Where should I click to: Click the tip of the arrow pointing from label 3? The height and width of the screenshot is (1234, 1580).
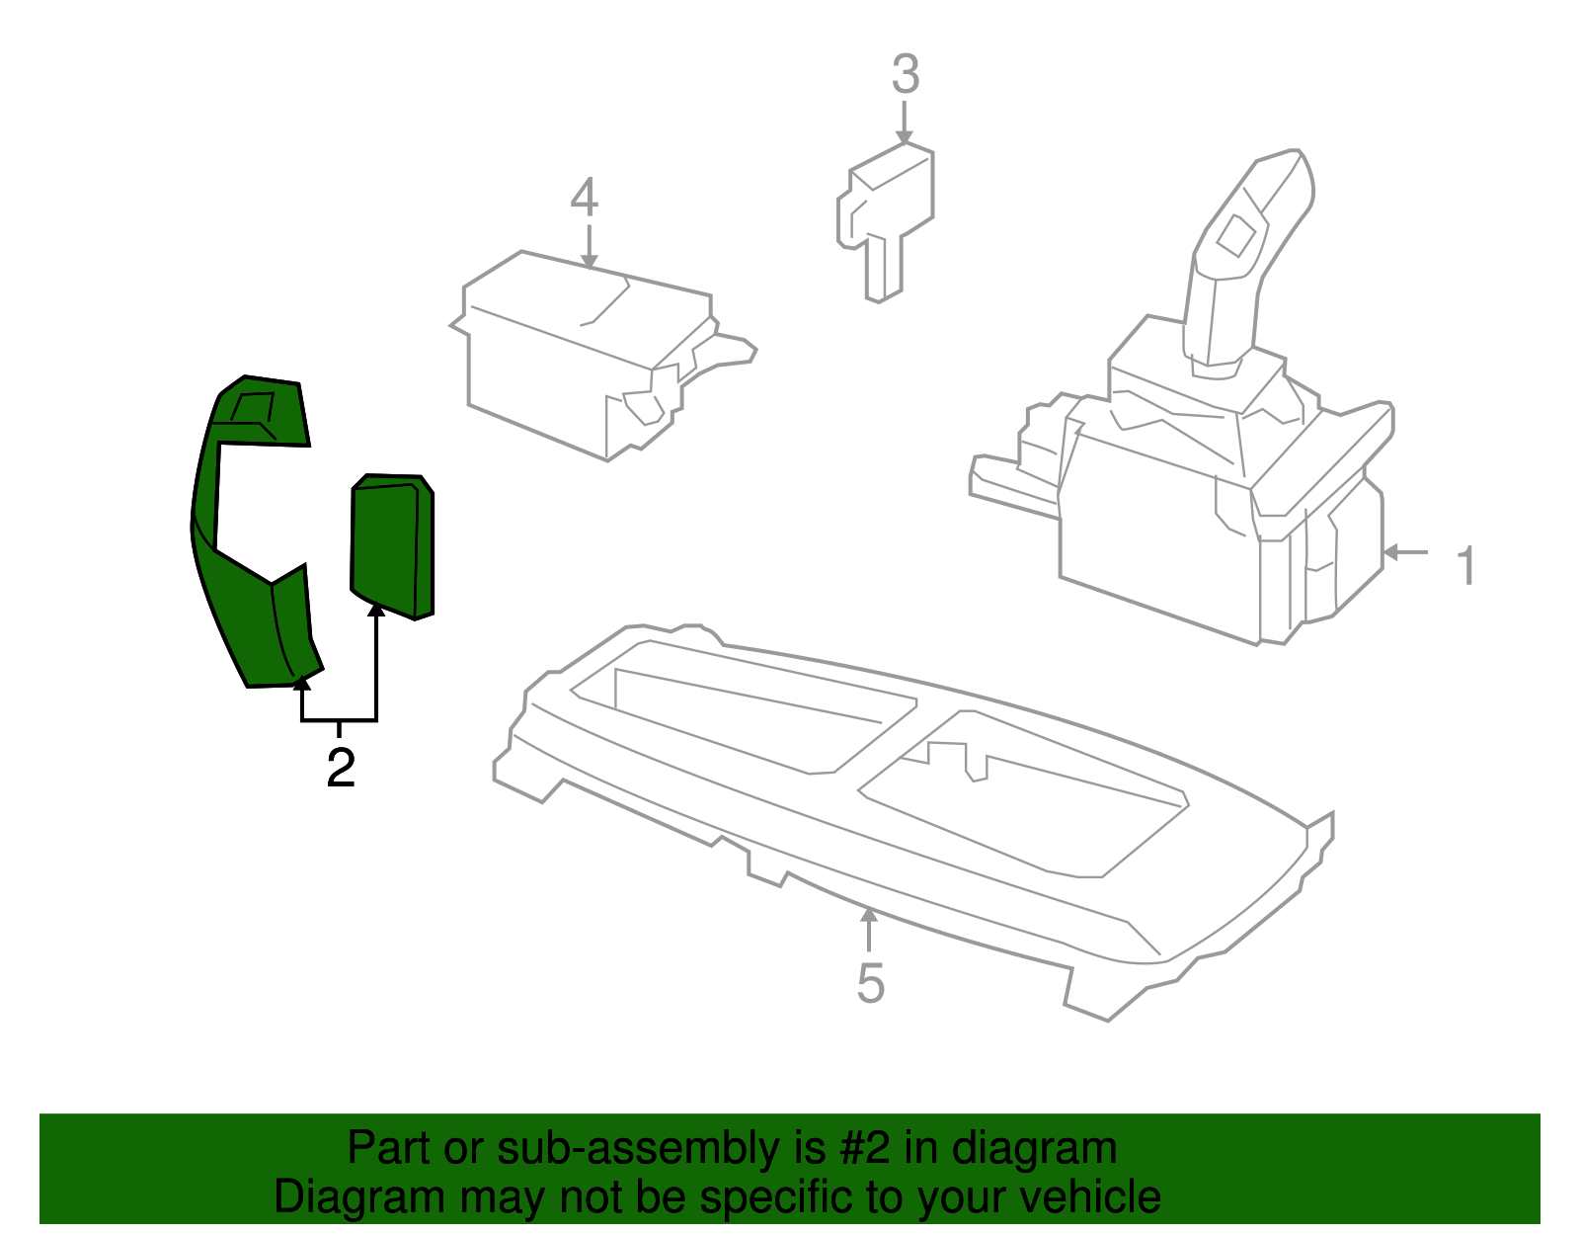pos(904,144)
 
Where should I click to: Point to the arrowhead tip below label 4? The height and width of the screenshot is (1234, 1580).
pos(589,269)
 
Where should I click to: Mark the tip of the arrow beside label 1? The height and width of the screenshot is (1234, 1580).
pos(1382,552)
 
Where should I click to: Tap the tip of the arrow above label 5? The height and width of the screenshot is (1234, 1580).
pos(868,909)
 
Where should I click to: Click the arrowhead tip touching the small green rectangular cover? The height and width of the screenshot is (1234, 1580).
pos(376,604)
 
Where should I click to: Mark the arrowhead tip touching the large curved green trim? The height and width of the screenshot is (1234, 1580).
pos(302,675)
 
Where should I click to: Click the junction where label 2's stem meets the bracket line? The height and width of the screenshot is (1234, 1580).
pos(339,720)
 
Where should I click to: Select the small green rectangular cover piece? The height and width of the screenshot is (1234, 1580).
pos(391,546)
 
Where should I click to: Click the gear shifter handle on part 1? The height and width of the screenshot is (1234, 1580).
pos(1245,262)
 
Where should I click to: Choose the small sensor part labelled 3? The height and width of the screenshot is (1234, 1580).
pos(885,220)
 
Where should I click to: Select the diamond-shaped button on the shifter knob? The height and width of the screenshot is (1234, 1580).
pos(1235,235)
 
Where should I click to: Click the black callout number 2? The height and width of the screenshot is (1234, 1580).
pos(341,767)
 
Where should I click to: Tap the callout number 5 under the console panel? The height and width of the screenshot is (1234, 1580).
pos(870,984)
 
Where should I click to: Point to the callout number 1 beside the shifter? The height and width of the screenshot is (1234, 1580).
pos(1466,565)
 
